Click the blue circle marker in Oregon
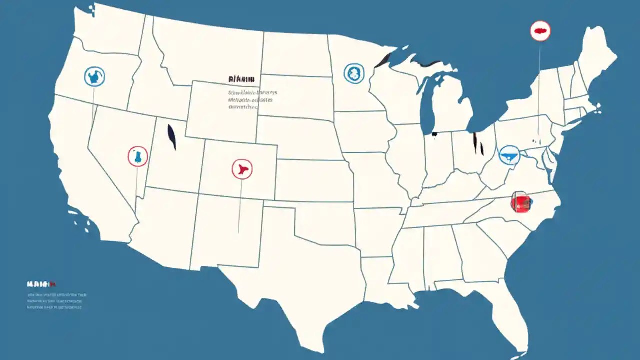pyautogui.click(x=94, y=76)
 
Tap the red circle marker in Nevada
pyautogui.click(x=137, y=156)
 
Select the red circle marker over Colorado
pyautogui.click(x=242, y=169)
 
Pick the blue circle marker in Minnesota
pyautogui.click(x=354, y=73)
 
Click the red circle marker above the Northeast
pyautogui.click(x=540, y=31)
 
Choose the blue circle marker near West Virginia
pyautogui.click(x=510, y=155)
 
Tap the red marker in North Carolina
pyautogui.click(x=520, y=202)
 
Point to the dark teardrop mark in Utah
pyautogui.click(x=172, y=137)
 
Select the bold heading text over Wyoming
pyautogui.click(x=241, y=79)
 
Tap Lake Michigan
pyautogui.click(x=427, y=105)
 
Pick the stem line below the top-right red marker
pyautogui.click(x=539, y=85)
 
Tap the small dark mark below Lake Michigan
pyautogui.click(x=434, y=133)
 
